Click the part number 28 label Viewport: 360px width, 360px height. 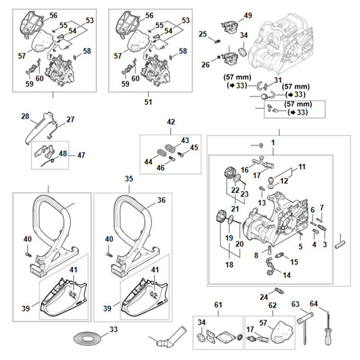click(x=25, y=116)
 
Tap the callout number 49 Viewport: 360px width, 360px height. click(x=248, y=16)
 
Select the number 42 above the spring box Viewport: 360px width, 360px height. click(x=171, y=122)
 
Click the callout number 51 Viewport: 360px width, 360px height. click(x=148, y=102)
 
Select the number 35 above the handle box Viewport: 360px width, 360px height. click(x=129, y=179)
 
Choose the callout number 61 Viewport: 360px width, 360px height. click(x=218, y=306)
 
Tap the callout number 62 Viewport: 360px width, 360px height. click(x=272, y=306)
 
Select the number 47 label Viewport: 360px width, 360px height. click(x=81, y=155)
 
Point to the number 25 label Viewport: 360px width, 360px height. click(x=203, y=34)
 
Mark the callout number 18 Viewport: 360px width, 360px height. click(x=229, y=265)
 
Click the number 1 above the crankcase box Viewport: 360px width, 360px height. click(x=273, y=142)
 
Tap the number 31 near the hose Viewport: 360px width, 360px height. click(x=278, y=80)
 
